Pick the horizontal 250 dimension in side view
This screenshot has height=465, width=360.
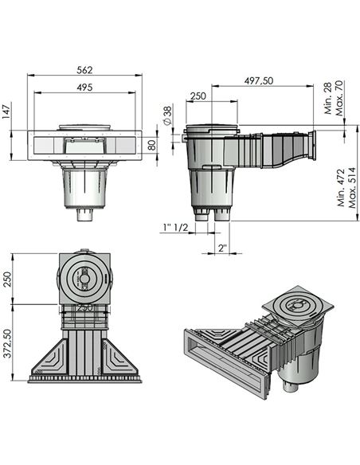tap(198, 96)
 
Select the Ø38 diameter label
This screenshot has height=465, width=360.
tap(168, 116)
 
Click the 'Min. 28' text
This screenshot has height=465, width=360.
tap(327, 105)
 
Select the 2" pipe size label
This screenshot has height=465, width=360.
tap(222, 248)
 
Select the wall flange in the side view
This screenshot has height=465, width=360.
tap(315, 146)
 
